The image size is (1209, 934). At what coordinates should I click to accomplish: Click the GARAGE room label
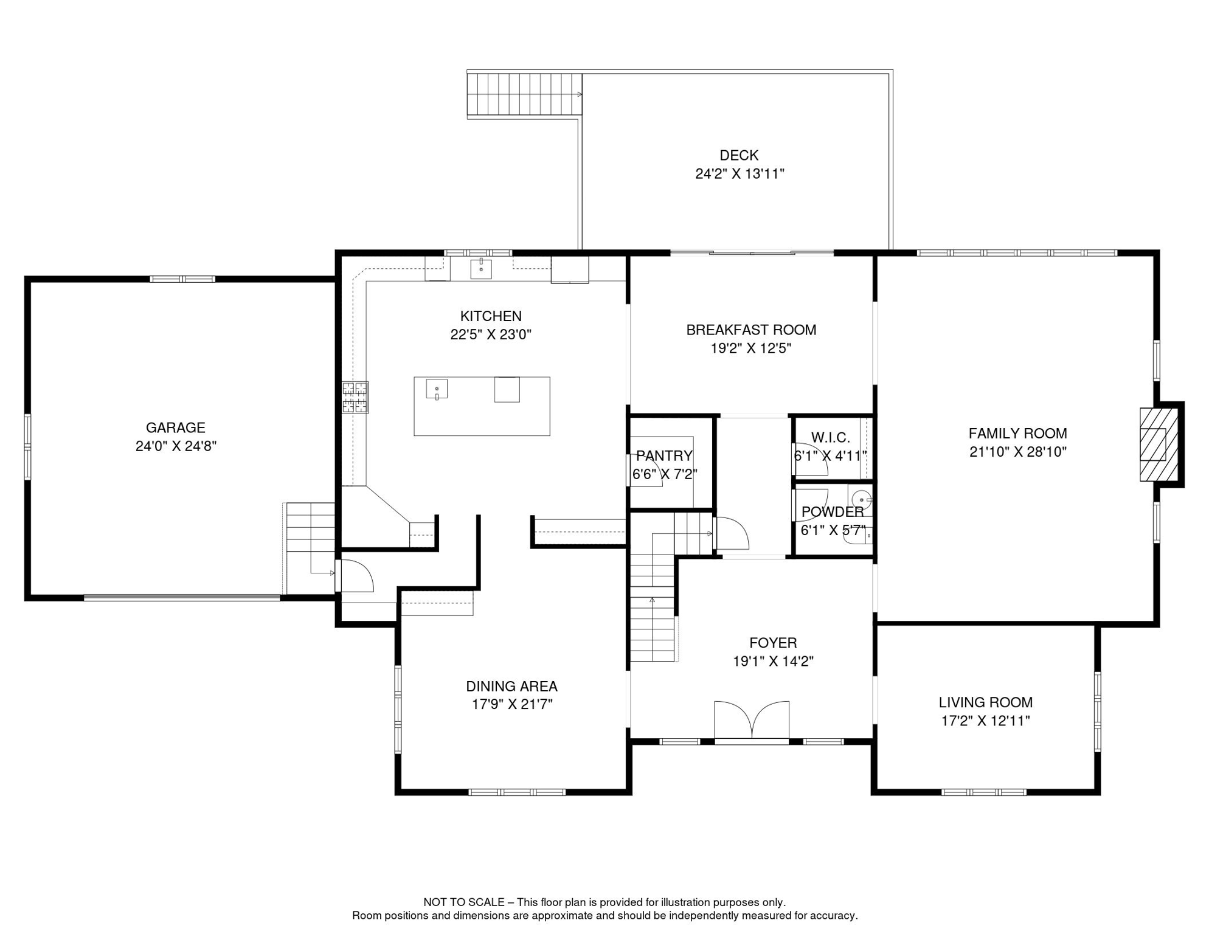pyautogui.click(x=176, y=428)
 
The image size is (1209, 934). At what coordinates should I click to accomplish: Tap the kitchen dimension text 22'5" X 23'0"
pyautogui.click(x=491, y=334)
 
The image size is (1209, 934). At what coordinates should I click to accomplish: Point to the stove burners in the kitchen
pyautogui.click(x=355, y=398)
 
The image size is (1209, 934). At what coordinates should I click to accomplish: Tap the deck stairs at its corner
pyautogui.click(x=524, y=94)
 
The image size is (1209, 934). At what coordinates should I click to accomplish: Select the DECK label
pyautogui.click(x=739, y=156)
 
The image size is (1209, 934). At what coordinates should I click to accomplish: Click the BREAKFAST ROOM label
pyautogui.click(x=751, y=330)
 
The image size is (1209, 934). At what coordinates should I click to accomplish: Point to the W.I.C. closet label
pyautogui.click(x=830, y=438)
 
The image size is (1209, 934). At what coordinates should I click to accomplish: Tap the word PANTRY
pyautogui.click(x=664, y=456)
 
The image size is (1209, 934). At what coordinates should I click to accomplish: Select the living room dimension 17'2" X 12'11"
pyautogui.click(x=985, y=721)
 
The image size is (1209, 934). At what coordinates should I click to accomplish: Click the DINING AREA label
pyautogui.click(x=511, y=687)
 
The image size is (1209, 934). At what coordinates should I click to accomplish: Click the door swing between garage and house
pyautogui.click(x=355, y=576)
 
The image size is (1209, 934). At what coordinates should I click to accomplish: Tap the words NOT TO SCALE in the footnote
pyautogui.click(x=464, y=902)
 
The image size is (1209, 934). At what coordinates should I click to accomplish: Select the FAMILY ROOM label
pyautogui.click(x=1017, y=434)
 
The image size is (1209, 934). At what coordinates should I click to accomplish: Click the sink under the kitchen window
pyautogui.click(x=480, y=268)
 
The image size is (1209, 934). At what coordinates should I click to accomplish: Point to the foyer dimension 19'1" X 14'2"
pyautogui.click(x=773, y=662)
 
